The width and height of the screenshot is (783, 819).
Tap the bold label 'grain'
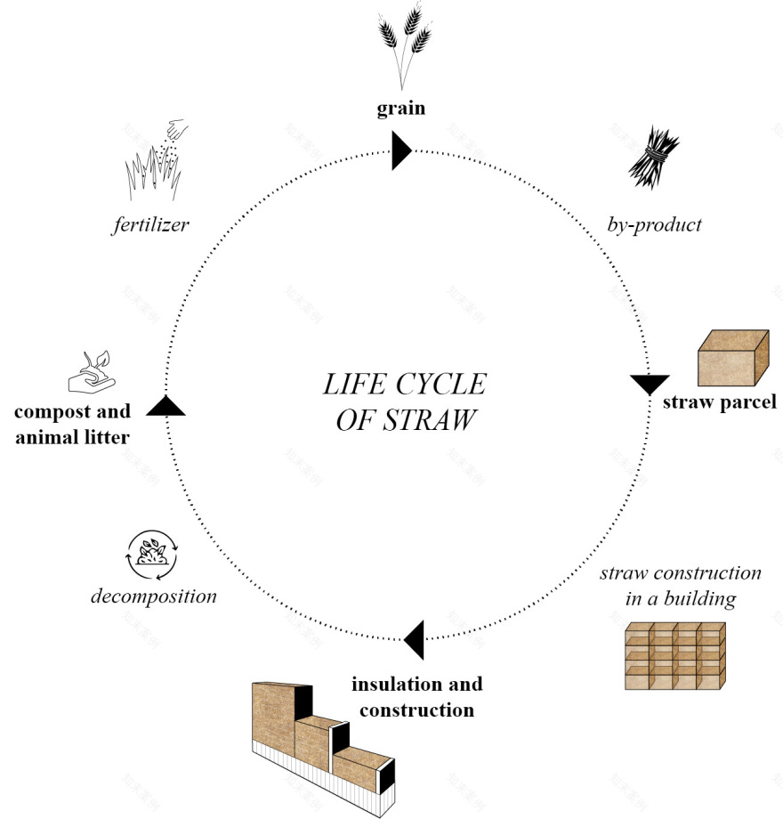click(400, 109)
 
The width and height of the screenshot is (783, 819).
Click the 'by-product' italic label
click(656, 224)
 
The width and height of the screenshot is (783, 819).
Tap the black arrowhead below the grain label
click(400, 152)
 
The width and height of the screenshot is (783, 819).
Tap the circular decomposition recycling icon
click(153, 555)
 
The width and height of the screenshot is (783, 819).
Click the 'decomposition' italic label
click(154, 596)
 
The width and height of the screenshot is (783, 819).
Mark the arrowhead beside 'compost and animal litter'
click(165, 406)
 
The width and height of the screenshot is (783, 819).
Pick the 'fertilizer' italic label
click(150, 224)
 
